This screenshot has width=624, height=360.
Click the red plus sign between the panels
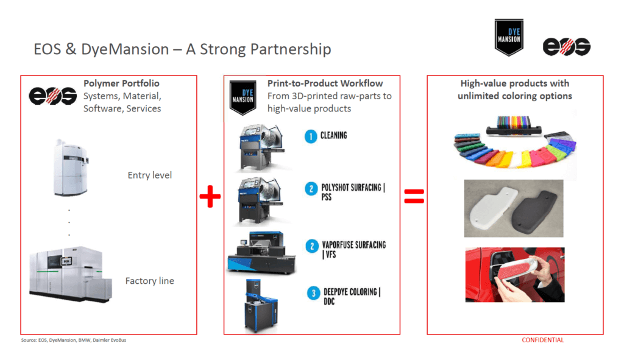coord(210,197)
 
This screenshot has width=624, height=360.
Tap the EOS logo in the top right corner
coord(567,46)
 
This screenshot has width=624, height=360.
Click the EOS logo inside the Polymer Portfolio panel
coord(52,96)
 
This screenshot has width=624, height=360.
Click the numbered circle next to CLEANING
coord(310,136)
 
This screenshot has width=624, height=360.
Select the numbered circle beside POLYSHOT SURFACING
coord(311,189)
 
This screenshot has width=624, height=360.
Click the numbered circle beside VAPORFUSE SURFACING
coord(311,245)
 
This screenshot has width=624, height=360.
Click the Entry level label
coord(150,175)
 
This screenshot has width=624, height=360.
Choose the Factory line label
coord(150,281)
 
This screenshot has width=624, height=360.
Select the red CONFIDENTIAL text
coord(543,340)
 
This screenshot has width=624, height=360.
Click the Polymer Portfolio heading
coord(121,83)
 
